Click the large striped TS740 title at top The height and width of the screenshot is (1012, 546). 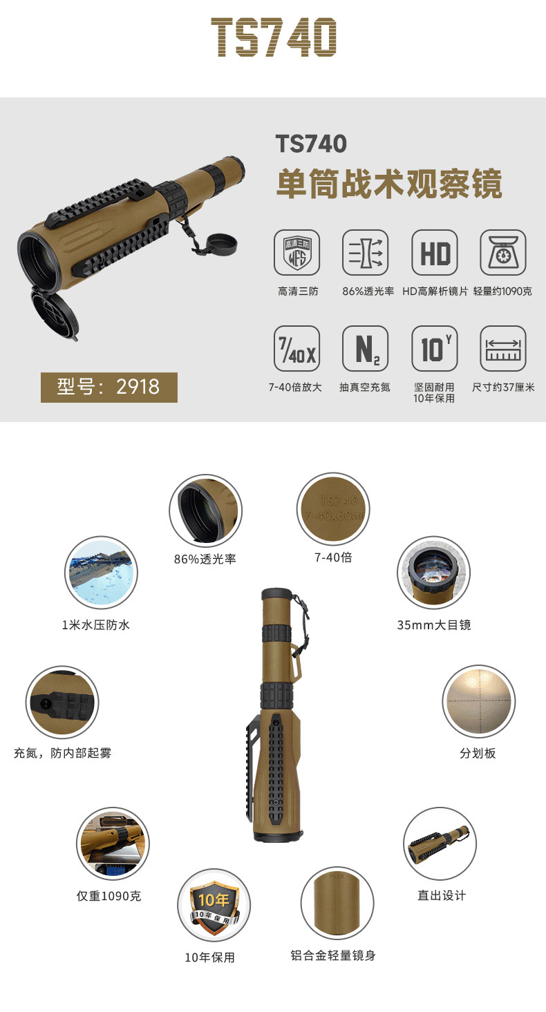pyautogui.click(x=274, y=37)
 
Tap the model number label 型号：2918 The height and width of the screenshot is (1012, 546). pyautogui.click(x=109, y=387)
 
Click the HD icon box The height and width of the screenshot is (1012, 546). pyautogui.click(x=435, y=253)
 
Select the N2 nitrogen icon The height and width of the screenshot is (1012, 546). pyautogui.click(x=365, y=348)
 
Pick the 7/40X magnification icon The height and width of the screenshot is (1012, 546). pyautogui.click(x=297, y=348)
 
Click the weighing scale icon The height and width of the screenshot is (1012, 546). pyautogui.click(x=503, y=253)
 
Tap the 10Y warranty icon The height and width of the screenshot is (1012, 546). pyautogui.click(x=435, y=348)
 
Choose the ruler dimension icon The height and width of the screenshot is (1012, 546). pyautogui.click(x=503, y=348)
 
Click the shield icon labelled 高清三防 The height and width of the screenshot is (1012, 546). pyautogui.click(x=297, y=253)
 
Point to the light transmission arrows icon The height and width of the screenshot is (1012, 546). pyautogui.click(x=365, y=253)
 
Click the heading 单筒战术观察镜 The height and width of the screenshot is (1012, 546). pyautogui.click(x=389, y=184)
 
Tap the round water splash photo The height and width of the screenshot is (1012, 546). pyautogui.click(x=101, y=573)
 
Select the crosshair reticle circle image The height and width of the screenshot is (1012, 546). pyautogui.click(x=479, y=702)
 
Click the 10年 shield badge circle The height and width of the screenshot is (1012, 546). pyautogui.click(x=214, y=905)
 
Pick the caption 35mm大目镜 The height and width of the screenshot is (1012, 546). pyautogui.click(x=434, y=625)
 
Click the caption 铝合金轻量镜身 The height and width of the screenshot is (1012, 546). pyautogui.click(x=333, y=955)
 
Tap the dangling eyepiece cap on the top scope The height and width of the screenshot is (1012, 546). pyautogui.click(x=222, y=245)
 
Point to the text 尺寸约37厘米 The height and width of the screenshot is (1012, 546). pyautogui.click(x=503, y=387)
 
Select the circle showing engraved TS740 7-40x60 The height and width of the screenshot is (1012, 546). pyautogui.click(x=333, y=509)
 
